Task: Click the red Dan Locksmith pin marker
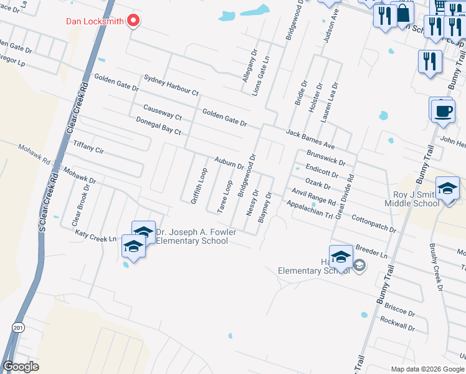(133, 21)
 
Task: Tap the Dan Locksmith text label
(95, 21)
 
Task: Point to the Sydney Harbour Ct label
(171, 85)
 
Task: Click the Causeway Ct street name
(162, 112)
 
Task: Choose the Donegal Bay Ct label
(158, 127)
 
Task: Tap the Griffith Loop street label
(199, 185)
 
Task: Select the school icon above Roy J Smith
(447, 188)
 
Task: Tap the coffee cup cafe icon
(443, 111)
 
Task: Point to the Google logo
(21, 367)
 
